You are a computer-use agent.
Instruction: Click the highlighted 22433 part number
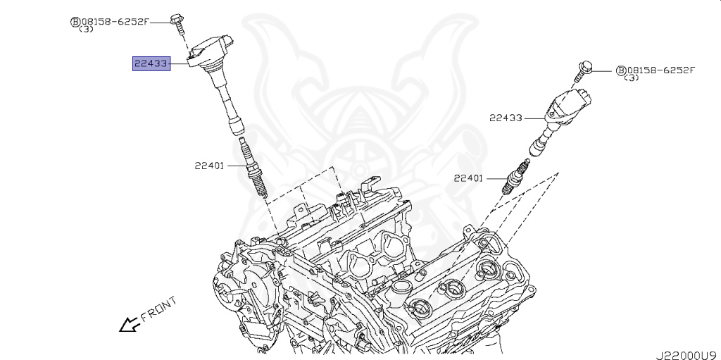tap(151, 63)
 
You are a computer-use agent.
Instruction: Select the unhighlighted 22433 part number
tap(506, 118)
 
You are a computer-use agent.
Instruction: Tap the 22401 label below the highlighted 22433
tap(210, 166)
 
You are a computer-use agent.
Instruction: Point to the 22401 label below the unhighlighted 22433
tap(468, 178)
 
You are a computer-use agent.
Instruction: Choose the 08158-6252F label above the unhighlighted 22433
tap(660, 70)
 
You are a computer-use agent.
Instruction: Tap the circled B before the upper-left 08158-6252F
tap(74, 22)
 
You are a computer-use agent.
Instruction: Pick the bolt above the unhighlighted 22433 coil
tap(582, 70)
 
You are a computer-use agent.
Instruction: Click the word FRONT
tap(158, 310)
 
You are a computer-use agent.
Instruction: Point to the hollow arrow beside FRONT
tap(129, 325)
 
